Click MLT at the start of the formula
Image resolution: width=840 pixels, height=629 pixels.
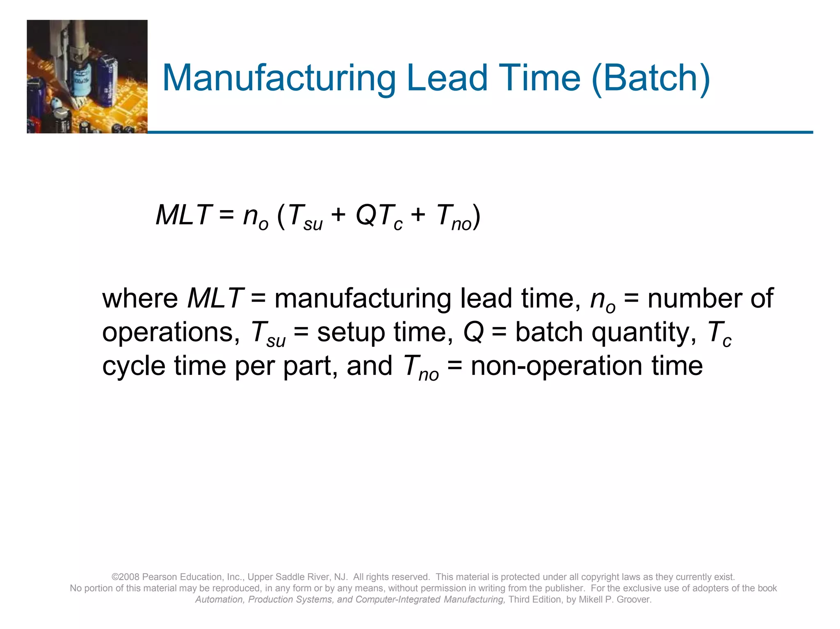click(183, 215)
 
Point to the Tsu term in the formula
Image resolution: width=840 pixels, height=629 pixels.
click(305, 217)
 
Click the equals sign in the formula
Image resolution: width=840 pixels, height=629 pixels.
click(226, 215)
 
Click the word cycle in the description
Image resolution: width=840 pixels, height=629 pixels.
click(134, 366)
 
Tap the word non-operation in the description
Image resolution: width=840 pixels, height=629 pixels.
click(556, 366)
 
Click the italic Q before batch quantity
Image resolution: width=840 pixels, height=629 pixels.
click(474, 332)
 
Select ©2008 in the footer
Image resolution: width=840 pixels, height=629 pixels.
click(126, 577)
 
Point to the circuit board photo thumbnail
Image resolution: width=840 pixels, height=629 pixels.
click(87, 77)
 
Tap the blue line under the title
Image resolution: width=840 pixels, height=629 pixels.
click(480, 132)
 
